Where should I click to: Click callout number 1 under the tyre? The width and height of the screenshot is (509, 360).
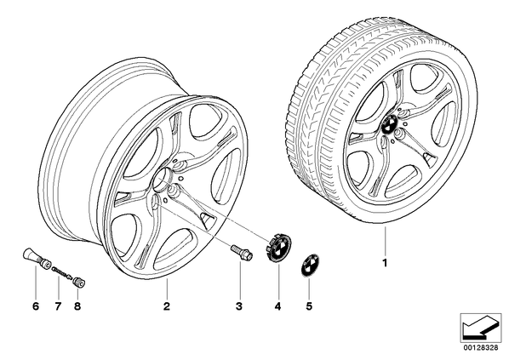pos(385,263)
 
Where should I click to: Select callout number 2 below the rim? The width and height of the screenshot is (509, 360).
pos(167,306)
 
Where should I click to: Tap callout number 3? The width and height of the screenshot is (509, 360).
pos(239,306)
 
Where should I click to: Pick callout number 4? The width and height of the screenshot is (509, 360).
pos(277,306)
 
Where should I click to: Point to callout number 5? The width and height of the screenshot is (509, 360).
pos(309,306)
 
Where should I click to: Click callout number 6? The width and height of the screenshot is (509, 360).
pos(36,306)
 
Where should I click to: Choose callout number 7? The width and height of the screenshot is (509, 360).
pos(58,306)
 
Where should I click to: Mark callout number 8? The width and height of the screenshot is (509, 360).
pos(77,306)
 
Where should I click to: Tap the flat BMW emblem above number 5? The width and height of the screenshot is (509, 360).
pos(309,265)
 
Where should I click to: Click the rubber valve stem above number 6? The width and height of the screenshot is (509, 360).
pos(36,258)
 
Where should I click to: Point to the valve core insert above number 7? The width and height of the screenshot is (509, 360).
pos(61,272)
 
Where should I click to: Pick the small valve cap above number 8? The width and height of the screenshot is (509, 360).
pos(79,282)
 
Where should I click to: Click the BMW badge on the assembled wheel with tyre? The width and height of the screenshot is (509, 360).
pos(388,124)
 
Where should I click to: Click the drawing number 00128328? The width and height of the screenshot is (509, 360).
pos(481,348)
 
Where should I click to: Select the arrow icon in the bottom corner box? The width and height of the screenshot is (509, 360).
pos(480,327)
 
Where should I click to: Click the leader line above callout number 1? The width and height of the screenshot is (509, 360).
pos(385,241)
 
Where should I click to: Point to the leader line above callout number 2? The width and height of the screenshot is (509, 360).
pos(167,288)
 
